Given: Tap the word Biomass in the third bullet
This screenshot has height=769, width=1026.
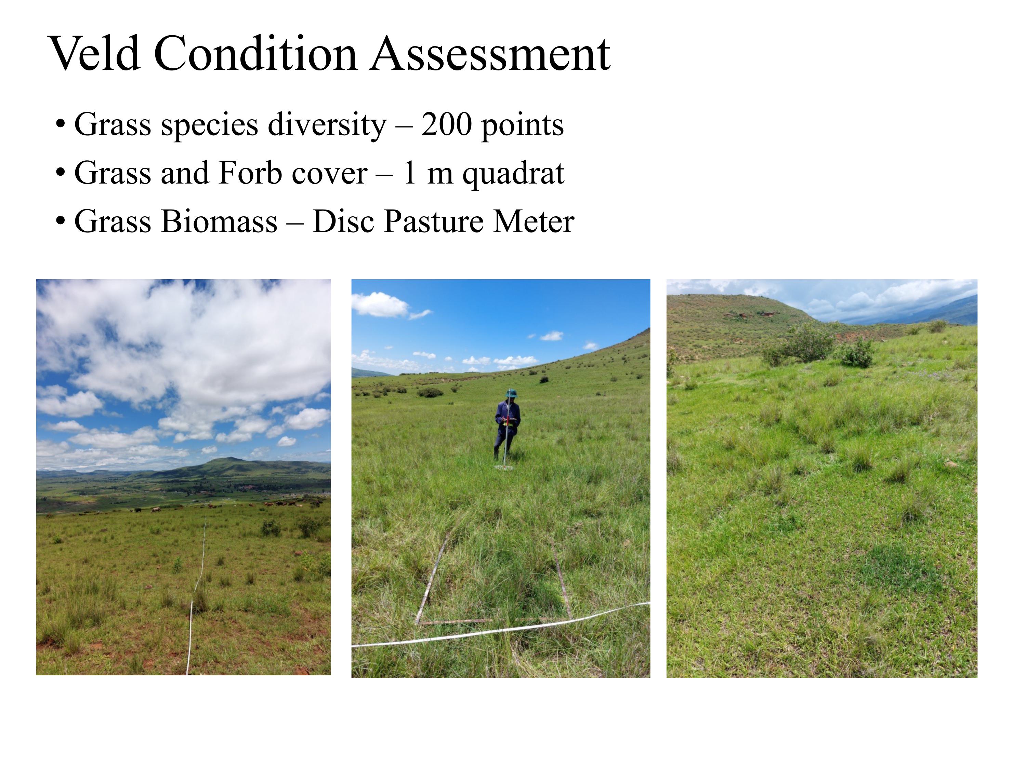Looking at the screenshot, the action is (219, 221).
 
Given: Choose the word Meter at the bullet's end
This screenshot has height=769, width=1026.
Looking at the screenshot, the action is (534, 221).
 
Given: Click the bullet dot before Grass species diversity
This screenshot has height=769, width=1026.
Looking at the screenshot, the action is (60, 125).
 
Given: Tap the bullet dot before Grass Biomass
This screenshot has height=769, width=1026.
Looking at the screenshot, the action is (60, 221).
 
